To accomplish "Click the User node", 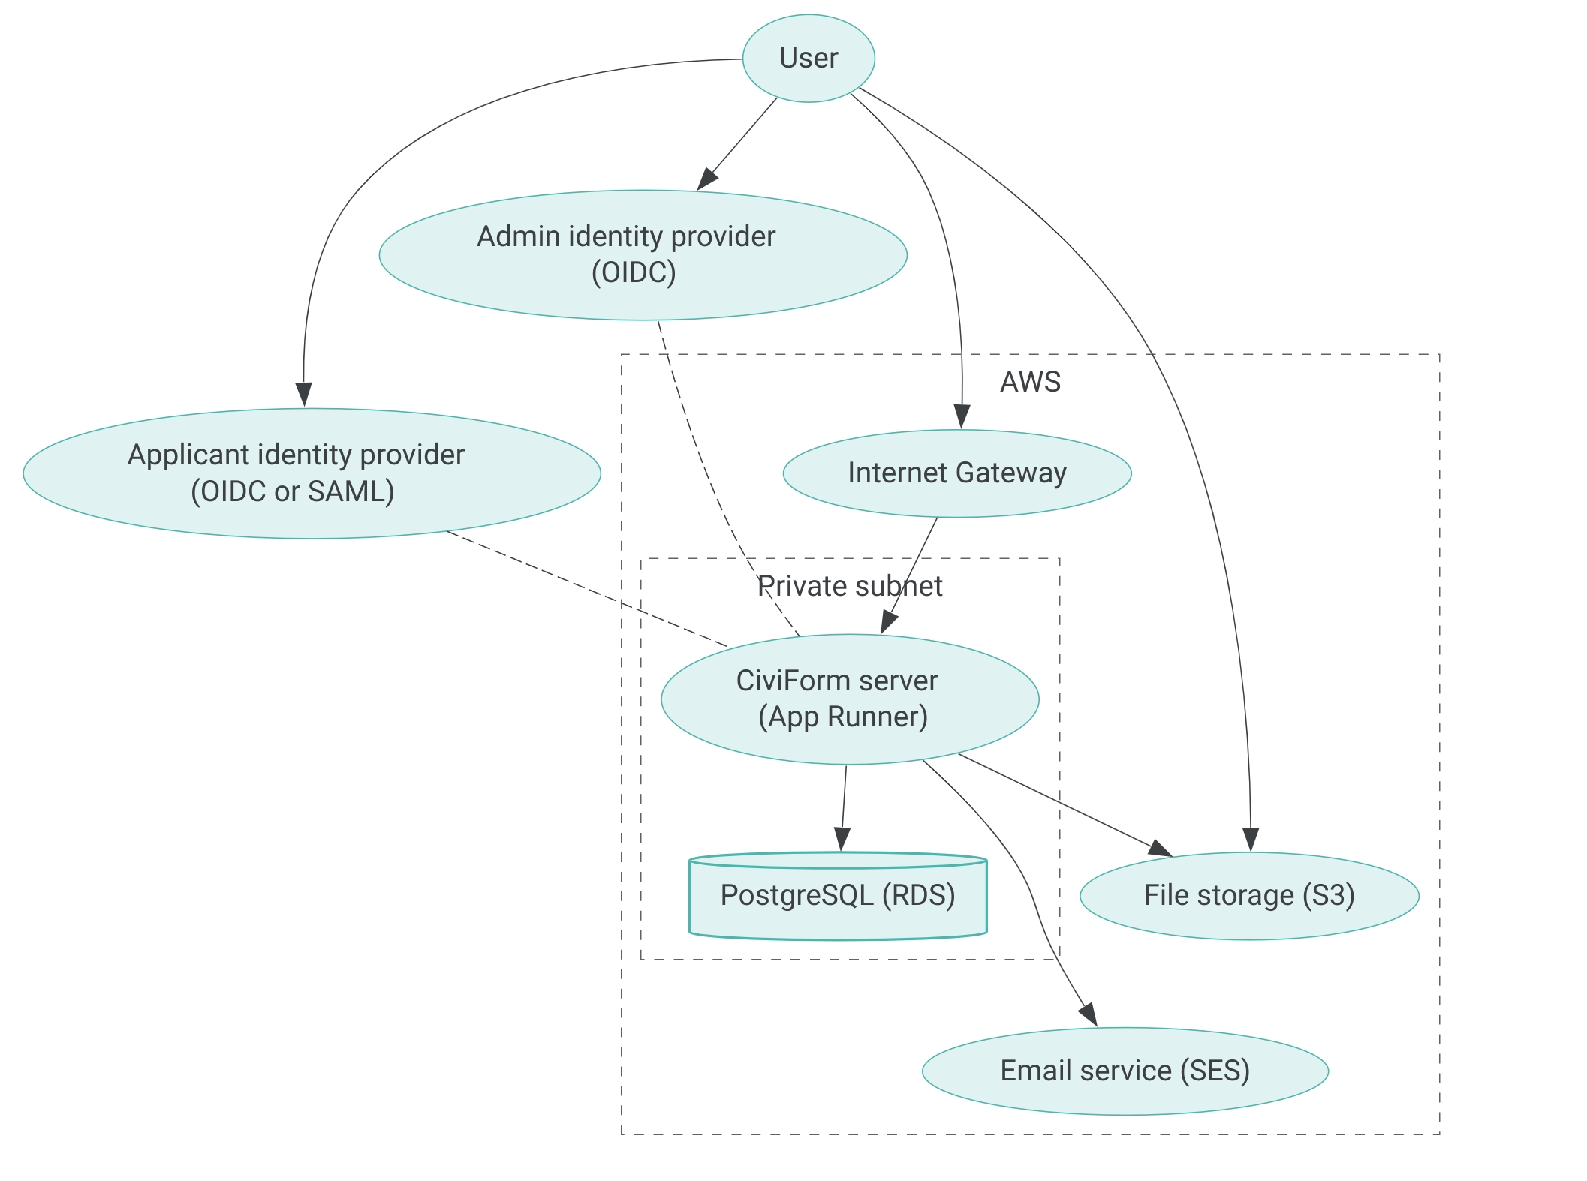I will click(809, 59).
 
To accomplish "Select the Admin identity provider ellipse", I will click(643, 255).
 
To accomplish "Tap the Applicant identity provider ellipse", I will click(312, 473).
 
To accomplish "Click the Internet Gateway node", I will click(957, 473).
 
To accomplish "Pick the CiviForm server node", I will click(850, 699).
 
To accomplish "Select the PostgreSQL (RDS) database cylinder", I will click(838, 896).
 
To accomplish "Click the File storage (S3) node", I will click(1249, 896).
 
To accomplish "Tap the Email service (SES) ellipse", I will click(1125, 1071).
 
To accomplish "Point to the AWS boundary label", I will click(1030, 383).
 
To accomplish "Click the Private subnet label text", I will click(850, 586).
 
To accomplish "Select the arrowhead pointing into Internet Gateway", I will click(962, 417).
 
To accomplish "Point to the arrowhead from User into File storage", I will click(1250, 840).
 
